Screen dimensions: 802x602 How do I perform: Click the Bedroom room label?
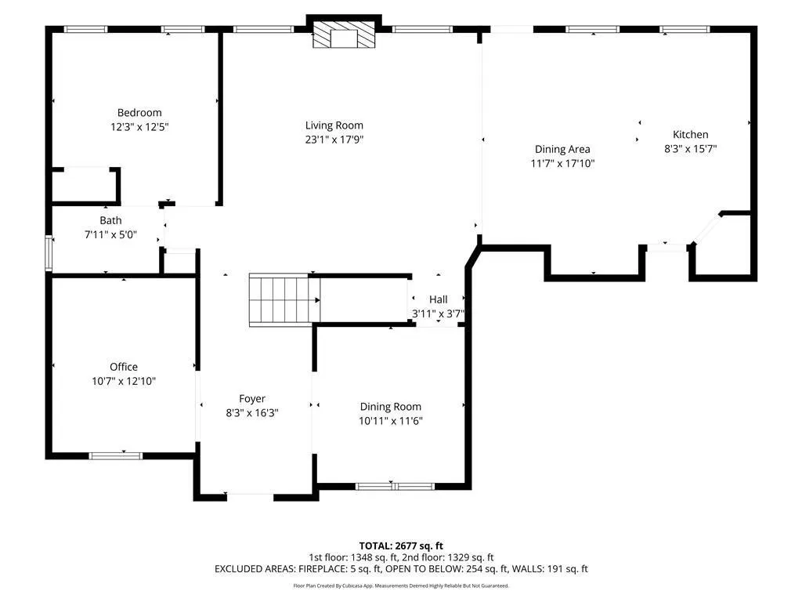pyautogui.click(x=139, y=113)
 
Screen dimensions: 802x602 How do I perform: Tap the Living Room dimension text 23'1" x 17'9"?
pyautogui.click(x=334, y=140)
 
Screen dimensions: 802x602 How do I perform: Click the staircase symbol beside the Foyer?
pyautogui.click(x=284, y=300)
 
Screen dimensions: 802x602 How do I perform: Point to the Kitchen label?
pyautogui.click(x=691, y=135)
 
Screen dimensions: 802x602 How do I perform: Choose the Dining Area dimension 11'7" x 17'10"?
pyautogui.click(x=562, y=163)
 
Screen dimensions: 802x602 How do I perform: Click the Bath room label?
pyautogui.click(x=110, y=220)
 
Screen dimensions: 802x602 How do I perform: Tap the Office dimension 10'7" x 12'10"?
pyautogui.click(x=124, y=381)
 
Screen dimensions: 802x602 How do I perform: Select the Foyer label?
pyautogui.click(x=252, y=399)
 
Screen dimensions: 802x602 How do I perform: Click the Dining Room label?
pyautogui.click(x=391, y=407)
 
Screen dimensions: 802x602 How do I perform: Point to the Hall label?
pyautogui.click(x=439, y=299)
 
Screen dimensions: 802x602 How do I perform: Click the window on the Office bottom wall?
pyautogui.click(x=116, y=455)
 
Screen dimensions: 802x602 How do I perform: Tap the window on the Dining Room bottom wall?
pyautogui.click(x=395, y=486)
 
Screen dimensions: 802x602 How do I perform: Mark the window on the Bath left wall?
pyautogui.click(x=49, y=253)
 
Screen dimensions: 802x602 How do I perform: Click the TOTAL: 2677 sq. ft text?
pyautogui.click(x=401, y=546)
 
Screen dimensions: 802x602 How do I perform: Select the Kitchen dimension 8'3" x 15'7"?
pyautogui.click(x=691, y=149)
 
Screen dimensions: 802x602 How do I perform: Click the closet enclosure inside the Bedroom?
pyautogui.click(x=86, y=186)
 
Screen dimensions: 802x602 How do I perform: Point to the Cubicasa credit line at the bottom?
pyautogui.click(x=401, y=586)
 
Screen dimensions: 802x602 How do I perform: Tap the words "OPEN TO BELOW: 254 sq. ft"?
pyautogui.click(x=447, y=569)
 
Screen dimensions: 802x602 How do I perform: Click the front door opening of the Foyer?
pyautogui.click(x=250, y=495)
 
